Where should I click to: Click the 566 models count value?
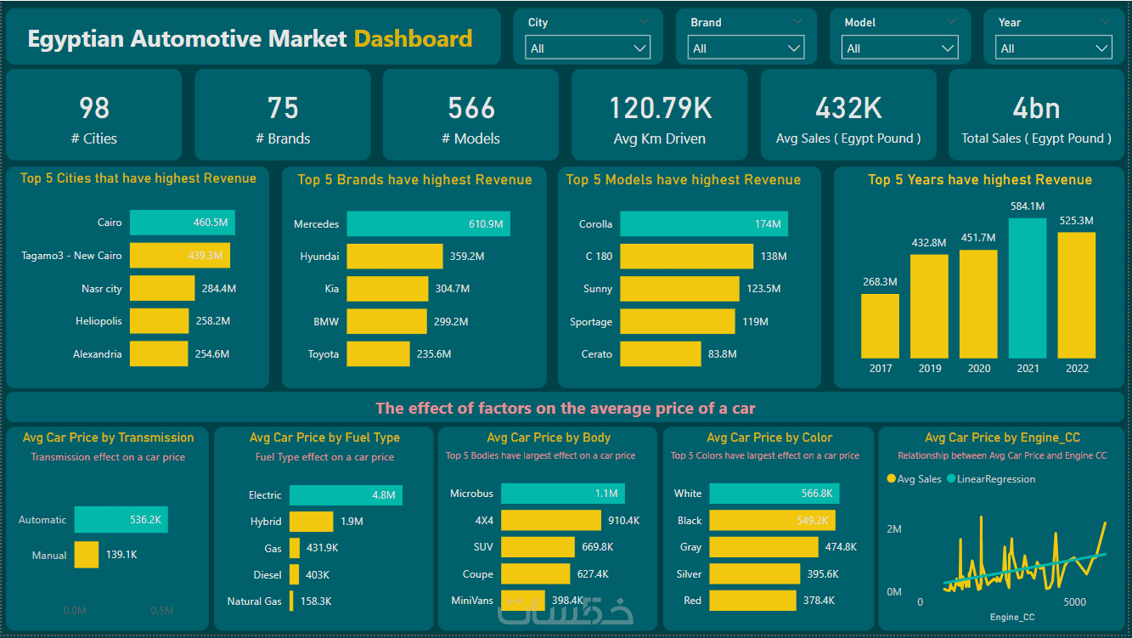[x=471, y=108]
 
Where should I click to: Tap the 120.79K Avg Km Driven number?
[x=660, y=108]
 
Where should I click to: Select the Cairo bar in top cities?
[x=183, y=223]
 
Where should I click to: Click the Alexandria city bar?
[x=159, y=354]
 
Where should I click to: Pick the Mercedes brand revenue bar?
[x=428, y=224]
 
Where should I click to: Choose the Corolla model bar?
[x=703, y=224]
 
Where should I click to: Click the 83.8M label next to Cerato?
[x=722, y=354]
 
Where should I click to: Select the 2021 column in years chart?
[x=1028, y=288]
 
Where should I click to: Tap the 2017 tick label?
[x=881, y=369]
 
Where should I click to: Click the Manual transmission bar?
[x=87, y=555]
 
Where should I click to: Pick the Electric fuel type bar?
[x=346, y=495]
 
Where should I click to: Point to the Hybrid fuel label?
[x=266, y=522]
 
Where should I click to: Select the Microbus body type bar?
[x=562, y=494]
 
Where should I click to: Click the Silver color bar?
[x=754, y=574]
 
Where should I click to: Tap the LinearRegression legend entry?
[x=995, y=479]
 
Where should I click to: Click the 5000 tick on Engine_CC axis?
[x=1074, y=602]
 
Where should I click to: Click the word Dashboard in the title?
[x=413, y=38]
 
